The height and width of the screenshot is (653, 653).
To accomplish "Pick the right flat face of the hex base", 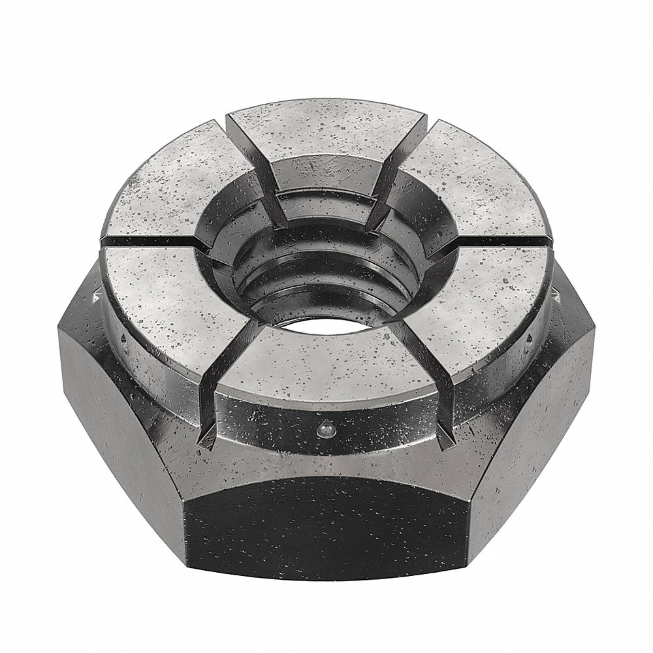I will point(542,418).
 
